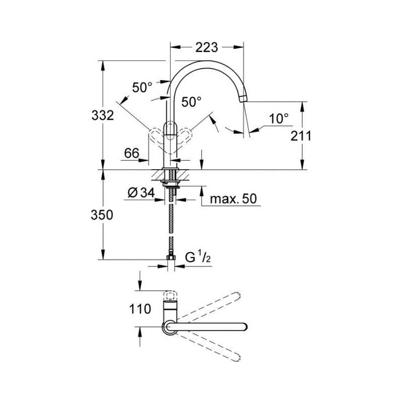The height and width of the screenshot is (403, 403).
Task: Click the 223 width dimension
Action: click(x=207, y=47)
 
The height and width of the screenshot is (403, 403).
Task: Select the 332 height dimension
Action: click(x=103, y=115)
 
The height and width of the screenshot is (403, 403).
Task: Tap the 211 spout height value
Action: click(x=301, y=136)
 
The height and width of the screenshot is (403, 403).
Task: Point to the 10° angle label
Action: click(x=279, y=118)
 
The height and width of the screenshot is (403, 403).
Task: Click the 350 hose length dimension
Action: click(x=102, y=215)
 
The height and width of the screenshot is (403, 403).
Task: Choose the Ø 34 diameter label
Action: click(x=142, y=193)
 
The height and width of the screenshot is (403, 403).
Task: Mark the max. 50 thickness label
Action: click(x=233, y=198)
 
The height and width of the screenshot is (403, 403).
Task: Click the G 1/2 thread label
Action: click(x=197, y=257)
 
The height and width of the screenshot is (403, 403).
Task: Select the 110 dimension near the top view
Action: click(x=140, y=309)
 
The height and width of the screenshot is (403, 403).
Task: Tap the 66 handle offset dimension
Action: click(x=131, y=153)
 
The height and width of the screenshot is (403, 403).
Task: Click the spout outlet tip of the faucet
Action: click(x=243, y=99)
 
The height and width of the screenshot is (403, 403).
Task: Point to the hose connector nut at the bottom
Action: click(x=171, y=257)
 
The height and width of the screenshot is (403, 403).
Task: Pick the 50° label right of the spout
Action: click(x=191, y=102)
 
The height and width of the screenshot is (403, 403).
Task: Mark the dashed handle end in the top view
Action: click(x=170, y=295)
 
